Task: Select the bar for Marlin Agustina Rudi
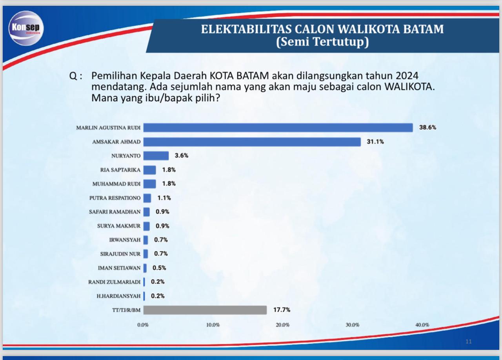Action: point(278,127)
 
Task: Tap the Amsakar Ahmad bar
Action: point(252,142)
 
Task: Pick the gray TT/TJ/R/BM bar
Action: point(205,310)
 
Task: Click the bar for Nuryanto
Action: point(156,156)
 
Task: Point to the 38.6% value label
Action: point(427,127)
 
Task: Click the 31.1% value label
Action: point(375,142)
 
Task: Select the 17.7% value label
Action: point(282,310)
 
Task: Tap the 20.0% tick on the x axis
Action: point(283,325)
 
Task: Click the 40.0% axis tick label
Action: point(422,325)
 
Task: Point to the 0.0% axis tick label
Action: point(143,325)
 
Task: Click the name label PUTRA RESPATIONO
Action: point(115,198)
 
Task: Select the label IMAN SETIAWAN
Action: point(119,268)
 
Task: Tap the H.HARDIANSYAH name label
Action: point(118,296)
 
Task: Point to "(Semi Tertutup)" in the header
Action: point(322,42)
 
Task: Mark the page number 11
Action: point(469,342)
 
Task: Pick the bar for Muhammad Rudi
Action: point(149,184)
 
